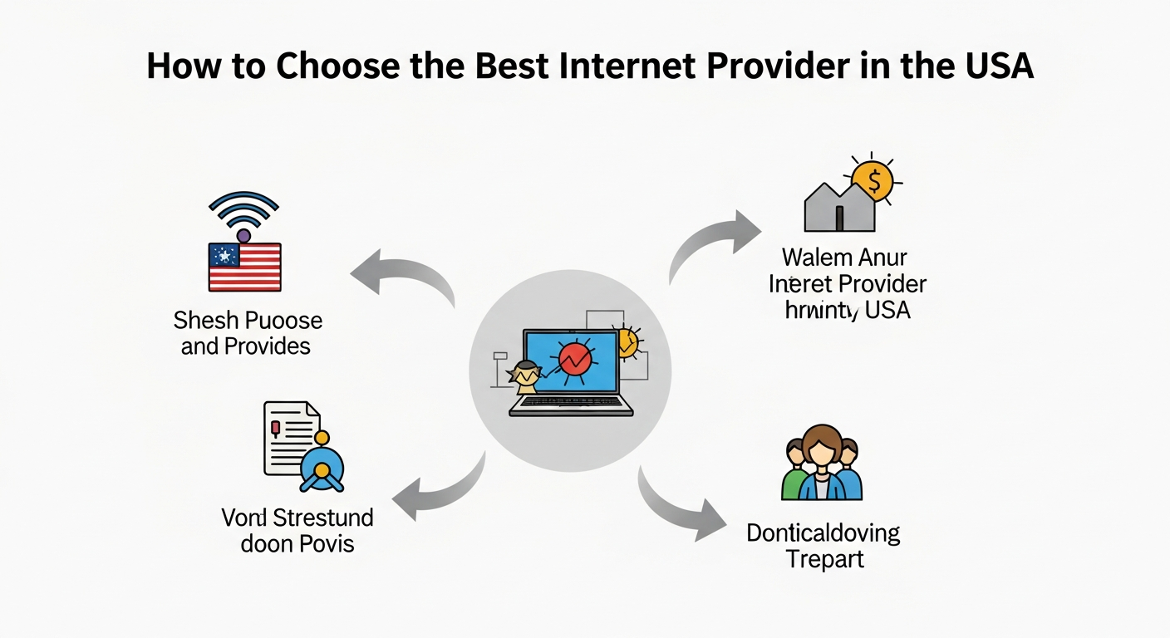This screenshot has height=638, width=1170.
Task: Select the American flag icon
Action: pyautogui.click(x=244, y=266)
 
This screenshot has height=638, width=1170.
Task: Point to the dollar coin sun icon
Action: pyautogui.click(x=871, y=179)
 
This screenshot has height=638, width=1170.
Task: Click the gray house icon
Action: pyautogui.click(x=839, y=208)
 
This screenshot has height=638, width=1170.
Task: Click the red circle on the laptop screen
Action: pyautogui.click(x=575, y=359)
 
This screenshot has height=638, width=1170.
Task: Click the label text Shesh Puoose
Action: pyautogui.click(x=248, y=321)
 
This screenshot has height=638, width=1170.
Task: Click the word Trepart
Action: pyautogui.click(x=824, y=558)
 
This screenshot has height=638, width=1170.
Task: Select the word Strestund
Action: pyautogui.click(x=323, y=518)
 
